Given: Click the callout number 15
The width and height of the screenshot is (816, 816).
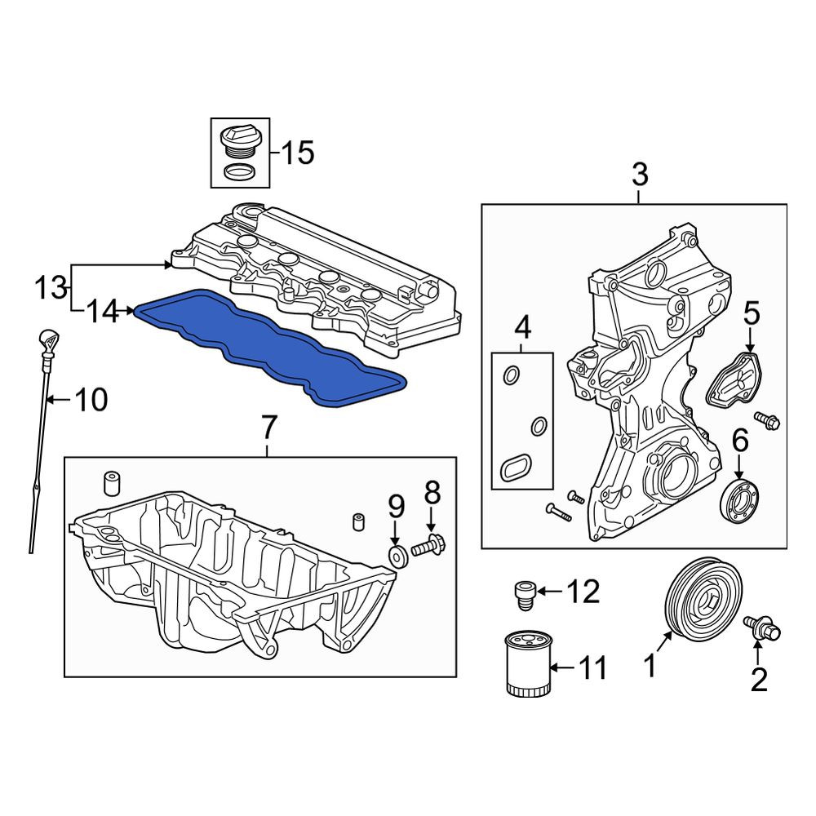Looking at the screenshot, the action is pos(298,153).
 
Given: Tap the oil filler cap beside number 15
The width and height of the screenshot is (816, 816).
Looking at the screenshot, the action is pos(240,140).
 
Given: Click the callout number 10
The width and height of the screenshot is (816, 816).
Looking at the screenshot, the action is pos(91,400).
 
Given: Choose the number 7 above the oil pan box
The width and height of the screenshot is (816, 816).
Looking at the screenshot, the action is pos(268,428).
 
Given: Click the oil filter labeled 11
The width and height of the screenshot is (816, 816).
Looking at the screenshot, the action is pos(528,663).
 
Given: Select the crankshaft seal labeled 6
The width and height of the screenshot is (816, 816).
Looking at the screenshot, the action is pos(739,500).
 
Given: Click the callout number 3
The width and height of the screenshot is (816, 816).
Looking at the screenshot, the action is pos(640,175).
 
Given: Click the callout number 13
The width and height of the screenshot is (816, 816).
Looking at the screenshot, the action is pos(51,287).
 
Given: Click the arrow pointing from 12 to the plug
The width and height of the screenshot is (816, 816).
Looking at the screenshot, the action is pos(549,592).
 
